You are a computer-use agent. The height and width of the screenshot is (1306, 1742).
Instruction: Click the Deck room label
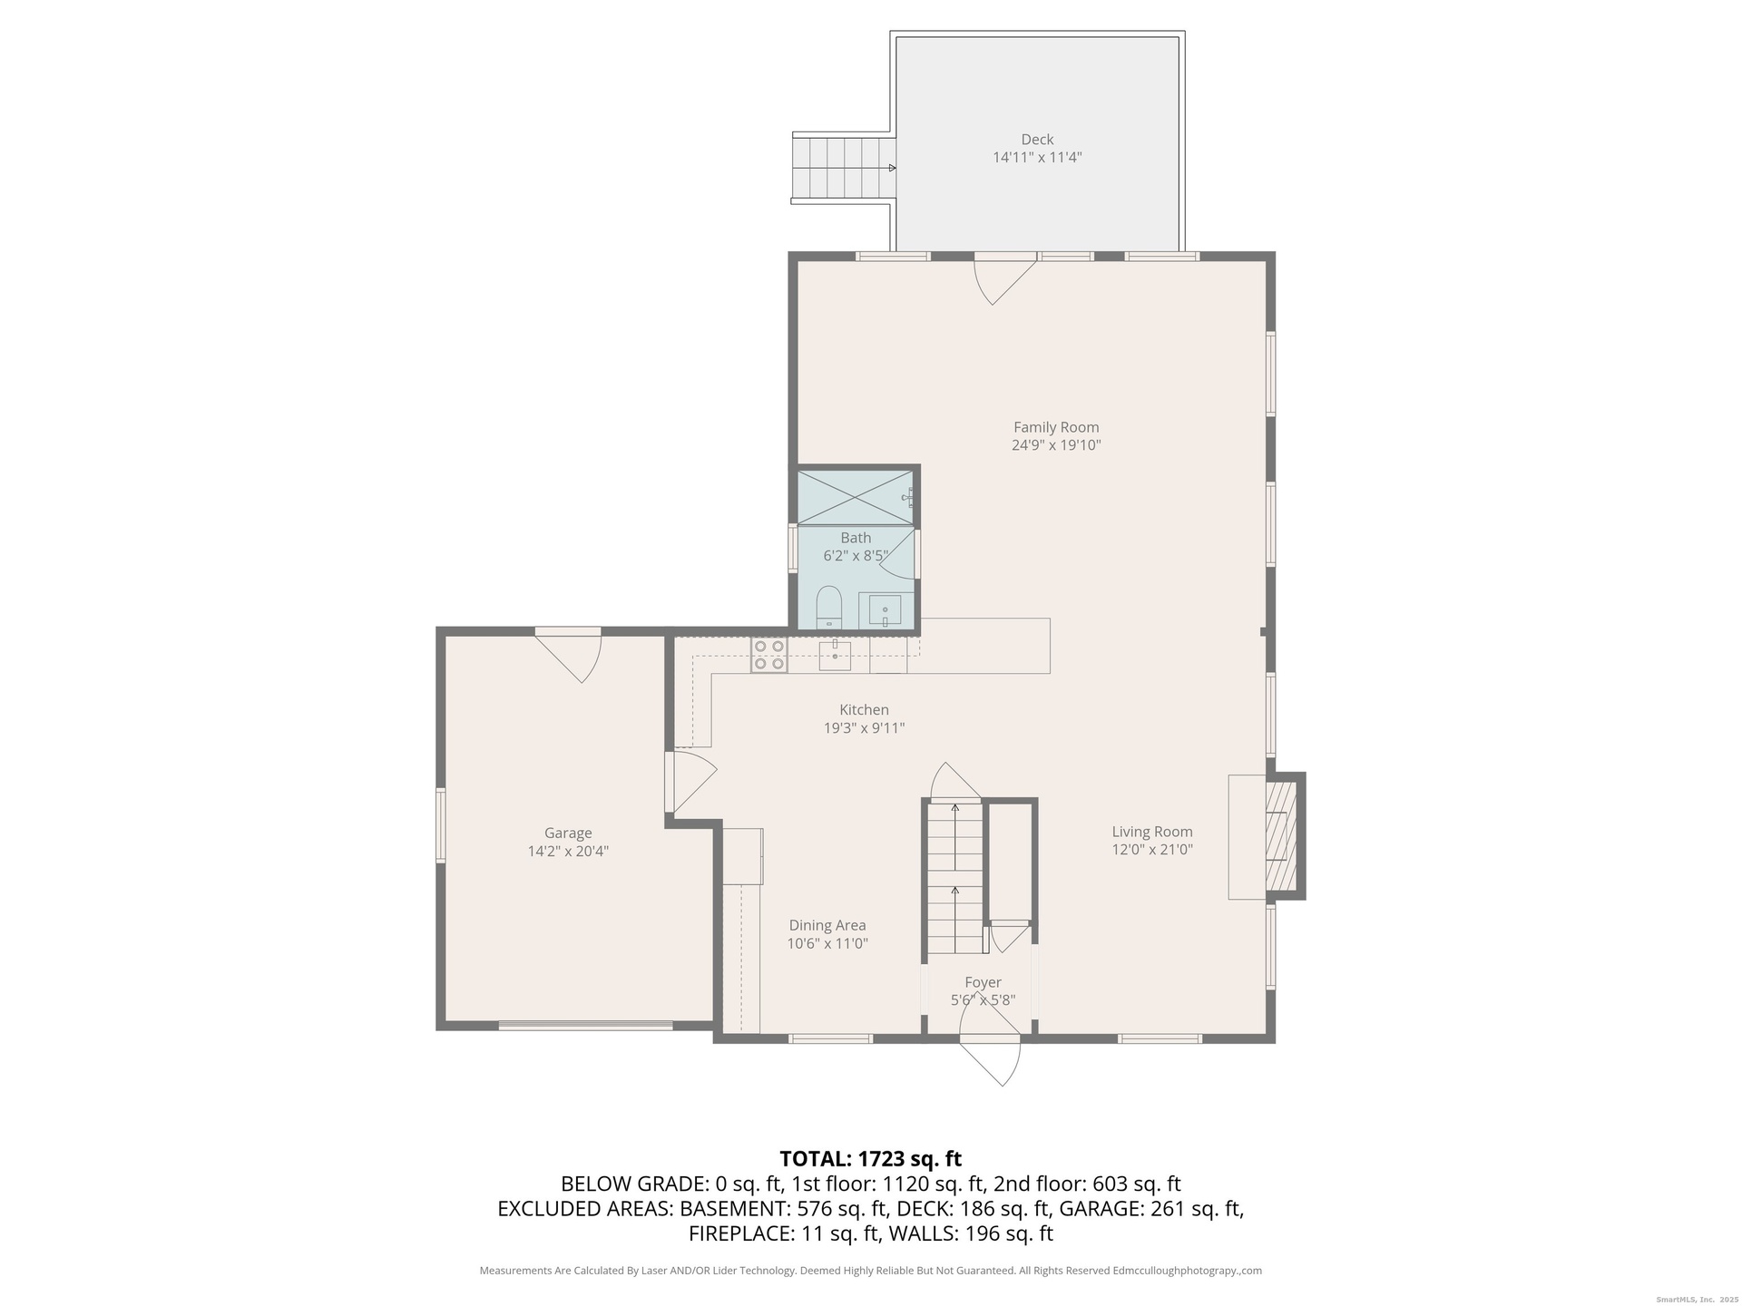1037,140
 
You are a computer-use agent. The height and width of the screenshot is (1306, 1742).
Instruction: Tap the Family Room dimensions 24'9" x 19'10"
1056,445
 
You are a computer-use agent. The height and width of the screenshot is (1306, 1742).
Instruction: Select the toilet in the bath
828,608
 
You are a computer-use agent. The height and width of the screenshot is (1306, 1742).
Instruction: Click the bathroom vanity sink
885,610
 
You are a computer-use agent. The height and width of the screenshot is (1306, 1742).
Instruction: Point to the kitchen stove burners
768,655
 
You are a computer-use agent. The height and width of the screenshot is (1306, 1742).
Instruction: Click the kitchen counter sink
835,655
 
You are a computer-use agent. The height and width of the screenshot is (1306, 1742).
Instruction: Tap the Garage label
568,833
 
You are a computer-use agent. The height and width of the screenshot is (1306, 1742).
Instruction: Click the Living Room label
1152,832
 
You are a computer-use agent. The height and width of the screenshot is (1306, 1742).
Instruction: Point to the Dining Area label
827,925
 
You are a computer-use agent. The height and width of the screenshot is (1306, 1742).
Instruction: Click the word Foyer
983,982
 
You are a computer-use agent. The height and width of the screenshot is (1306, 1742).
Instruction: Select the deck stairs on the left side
843,169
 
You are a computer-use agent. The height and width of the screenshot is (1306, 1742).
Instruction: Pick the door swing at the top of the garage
568,655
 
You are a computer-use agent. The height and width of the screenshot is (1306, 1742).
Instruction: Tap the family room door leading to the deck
1005,279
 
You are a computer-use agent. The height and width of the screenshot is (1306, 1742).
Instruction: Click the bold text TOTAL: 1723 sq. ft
870,1159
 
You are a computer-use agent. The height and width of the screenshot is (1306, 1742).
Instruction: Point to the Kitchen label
864,710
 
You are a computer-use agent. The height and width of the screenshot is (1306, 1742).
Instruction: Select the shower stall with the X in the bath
856,497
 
